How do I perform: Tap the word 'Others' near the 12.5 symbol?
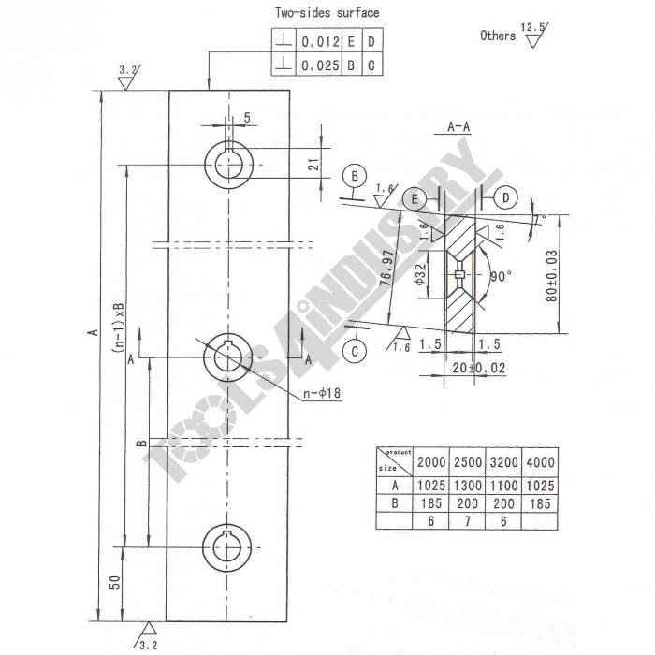click(x=498, y=36)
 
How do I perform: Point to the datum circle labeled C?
click(x=357, y=352)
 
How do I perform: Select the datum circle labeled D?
click(x=504, y=197)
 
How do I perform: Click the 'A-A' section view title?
click(x=458, y=125)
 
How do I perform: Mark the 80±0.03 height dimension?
click(x=553, y=275)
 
